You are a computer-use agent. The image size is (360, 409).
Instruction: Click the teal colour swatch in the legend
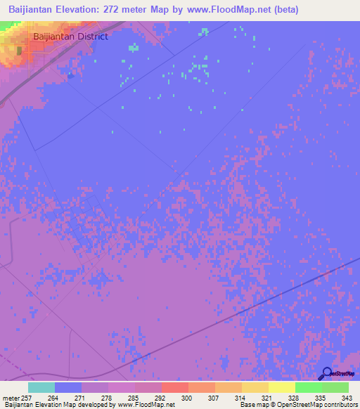(x=41, y=387)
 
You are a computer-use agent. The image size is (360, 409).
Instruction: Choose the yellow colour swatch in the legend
(x=282, y=387)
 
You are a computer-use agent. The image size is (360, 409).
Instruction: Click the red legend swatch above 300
(x=174, y=387)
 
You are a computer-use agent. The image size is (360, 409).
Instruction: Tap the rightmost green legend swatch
(x=335, y=387)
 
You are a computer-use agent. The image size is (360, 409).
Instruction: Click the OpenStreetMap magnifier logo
(x=326, y=375)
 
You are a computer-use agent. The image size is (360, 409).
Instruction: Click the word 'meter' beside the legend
(x=10, y=398)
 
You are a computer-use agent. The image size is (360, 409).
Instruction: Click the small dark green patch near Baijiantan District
(x=20, y=51)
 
